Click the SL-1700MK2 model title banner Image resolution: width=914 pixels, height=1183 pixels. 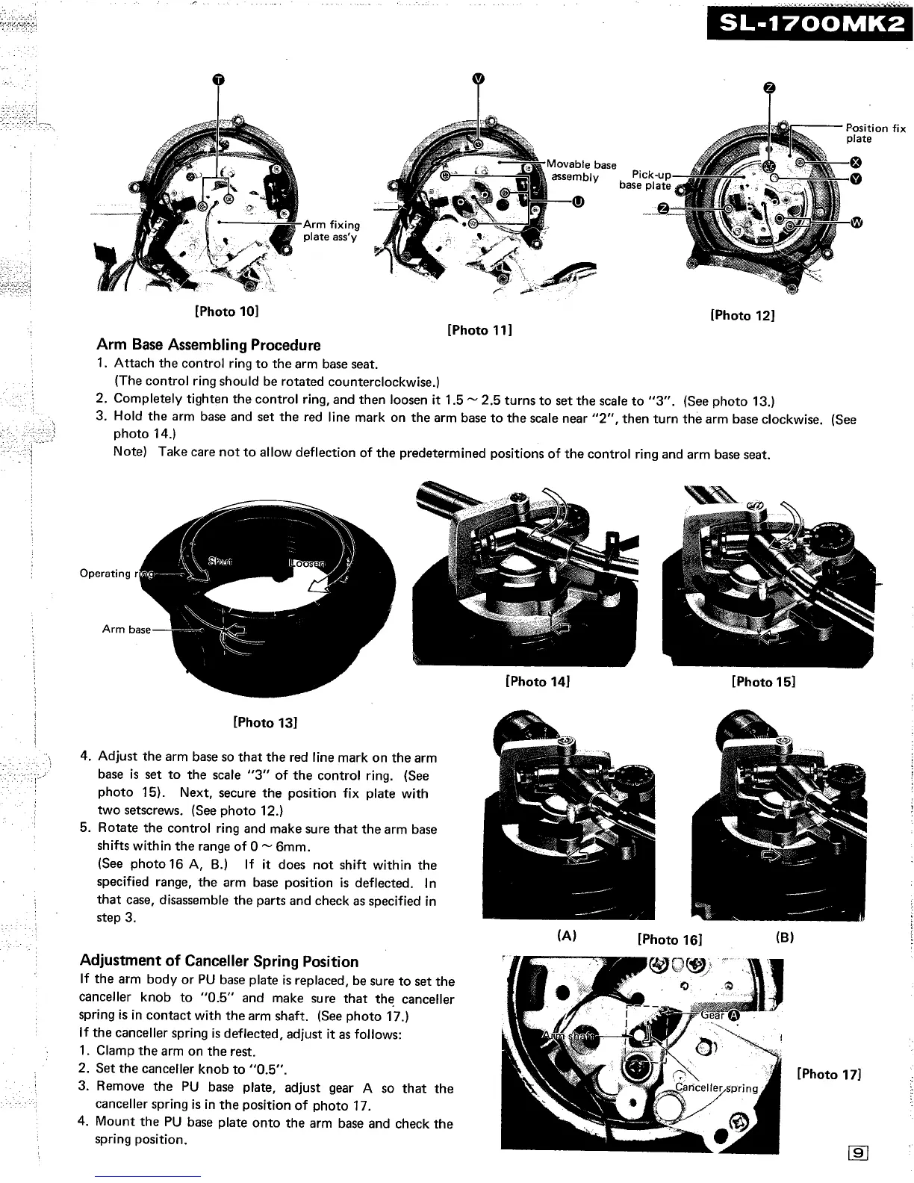coord(809,25)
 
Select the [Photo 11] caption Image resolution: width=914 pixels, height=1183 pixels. coord(479,329)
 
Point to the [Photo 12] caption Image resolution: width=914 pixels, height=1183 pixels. coord(742,315)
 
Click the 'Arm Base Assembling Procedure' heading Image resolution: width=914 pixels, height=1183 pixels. coord(208,345)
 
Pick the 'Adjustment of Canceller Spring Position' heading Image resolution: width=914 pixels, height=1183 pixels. coord(219,961)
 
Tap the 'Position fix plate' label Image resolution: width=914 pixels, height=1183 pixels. coord(874,133)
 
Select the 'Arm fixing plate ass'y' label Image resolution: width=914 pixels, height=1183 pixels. coord(331,230)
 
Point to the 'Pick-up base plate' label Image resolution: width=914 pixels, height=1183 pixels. coord(647,180)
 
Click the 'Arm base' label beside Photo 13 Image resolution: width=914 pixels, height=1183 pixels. coord(126,629)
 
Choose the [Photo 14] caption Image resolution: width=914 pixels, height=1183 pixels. coord(538,681)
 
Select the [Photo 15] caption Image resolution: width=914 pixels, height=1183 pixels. coord(763,681)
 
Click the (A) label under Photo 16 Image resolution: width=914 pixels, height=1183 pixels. coord(567,937)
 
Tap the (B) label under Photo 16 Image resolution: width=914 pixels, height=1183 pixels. coord(784,937)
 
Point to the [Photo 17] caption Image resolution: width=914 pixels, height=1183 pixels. coord(829,1074)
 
